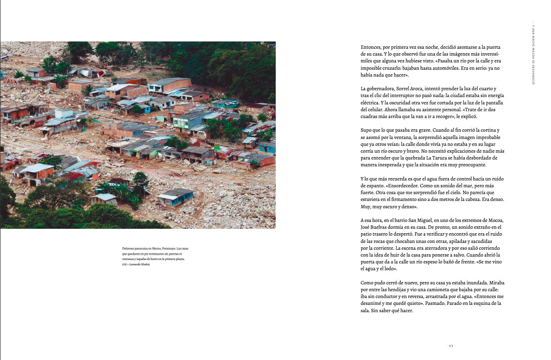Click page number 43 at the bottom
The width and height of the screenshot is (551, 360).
(451, 345)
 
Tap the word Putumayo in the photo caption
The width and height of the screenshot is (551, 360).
(169, 249)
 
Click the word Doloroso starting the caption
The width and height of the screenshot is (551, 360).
(129, 249)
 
